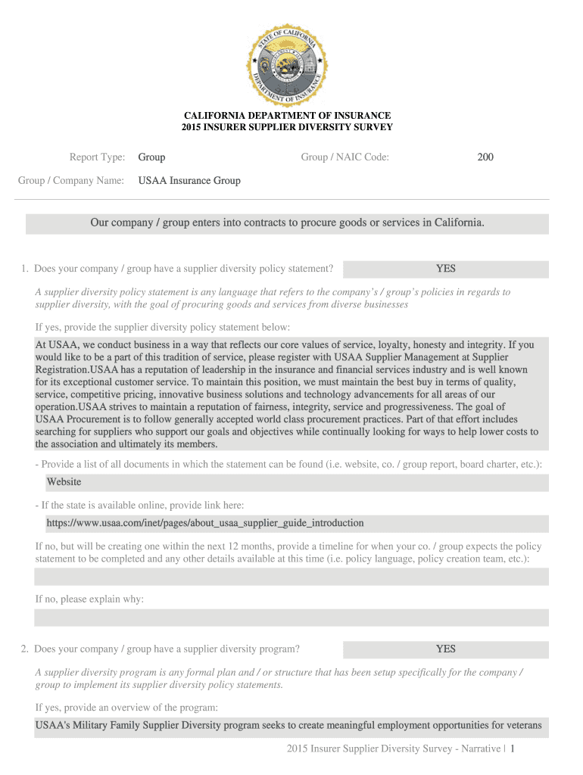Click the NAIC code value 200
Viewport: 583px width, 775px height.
coord(485,157)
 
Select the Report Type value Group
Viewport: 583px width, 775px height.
coord(151,157)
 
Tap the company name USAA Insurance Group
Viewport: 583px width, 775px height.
coord(189,181)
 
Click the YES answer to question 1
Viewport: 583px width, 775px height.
coord(445,269)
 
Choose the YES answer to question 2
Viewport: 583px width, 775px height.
coord(445,649)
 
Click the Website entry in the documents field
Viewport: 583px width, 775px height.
coord(64,482)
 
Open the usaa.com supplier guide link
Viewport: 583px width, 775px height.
coord(205,523)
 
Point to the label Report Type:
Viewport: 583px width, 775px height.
coord(98,157)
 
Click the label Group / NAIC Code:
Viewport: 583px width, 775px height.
coord(345,157)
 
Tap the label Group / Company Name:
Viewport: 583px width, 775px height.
coord(72,181)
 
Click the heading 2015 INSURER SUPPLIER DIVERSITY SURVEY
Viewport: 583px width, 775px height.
coord(287,127)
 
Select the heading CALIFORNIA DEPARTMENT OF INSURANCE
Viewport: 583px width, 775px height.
coord(287,116)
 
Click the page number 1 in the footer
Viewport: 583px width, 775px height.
coord(513,749)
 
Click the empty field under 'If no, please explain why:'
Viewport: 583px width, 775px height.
coord(291,618)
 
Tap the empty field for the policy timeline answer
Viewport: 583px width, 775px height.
coord(291,577)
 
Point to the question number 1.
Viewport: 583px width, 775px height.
coord(25,269)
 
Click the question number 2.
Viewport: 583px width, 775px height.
coord(25,649)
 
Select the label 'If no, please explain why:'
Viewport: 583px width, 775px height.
coord(89,599)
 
